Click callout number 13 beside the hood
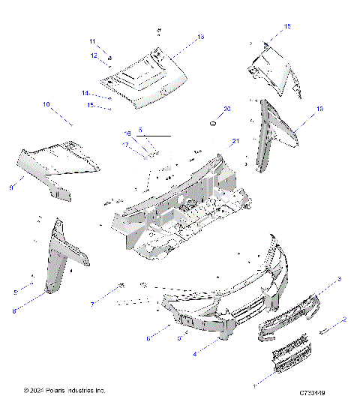(200, 36)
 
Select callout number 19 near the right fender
(319, 109)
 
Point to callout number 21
(235, 141)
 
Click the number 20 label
(227, 109)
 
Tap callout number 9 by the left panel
(11, 187)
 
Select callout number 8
(14, 310)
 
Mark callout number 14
(85, 92)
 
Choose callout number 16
(127, 133)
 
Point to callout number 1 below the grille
(253, 385)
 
